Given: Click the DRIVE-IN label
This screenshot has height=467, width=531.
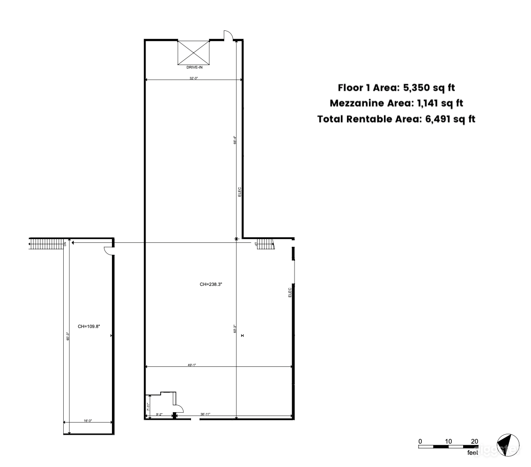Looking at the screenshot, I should (x=194, y=67).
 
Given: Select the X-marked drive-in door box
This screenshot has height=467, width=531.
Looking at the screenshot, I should (x=194, y=52).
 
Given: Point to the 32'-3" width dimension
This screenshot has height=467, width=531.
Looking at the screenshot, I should (x=194, y=79).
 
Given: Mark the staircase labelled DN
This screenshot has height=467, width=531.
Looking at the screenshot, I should (x=47, y=243).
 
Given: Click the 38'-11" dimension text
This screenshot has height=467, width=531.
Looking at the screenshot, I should (x=205, y=414).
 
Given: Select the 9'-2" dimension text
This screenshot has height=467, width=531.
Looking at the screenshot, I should (x=159, y=414).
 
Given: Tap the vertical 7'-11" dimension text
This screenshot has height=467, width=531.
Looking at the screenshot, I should (x=148, y=407).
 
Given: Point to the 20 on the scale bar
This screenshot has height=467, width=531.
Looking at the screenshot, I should (x=474, y=441).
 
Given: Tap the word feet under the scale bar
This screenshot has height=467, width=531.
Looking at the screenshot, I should (x=472, y=452).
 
